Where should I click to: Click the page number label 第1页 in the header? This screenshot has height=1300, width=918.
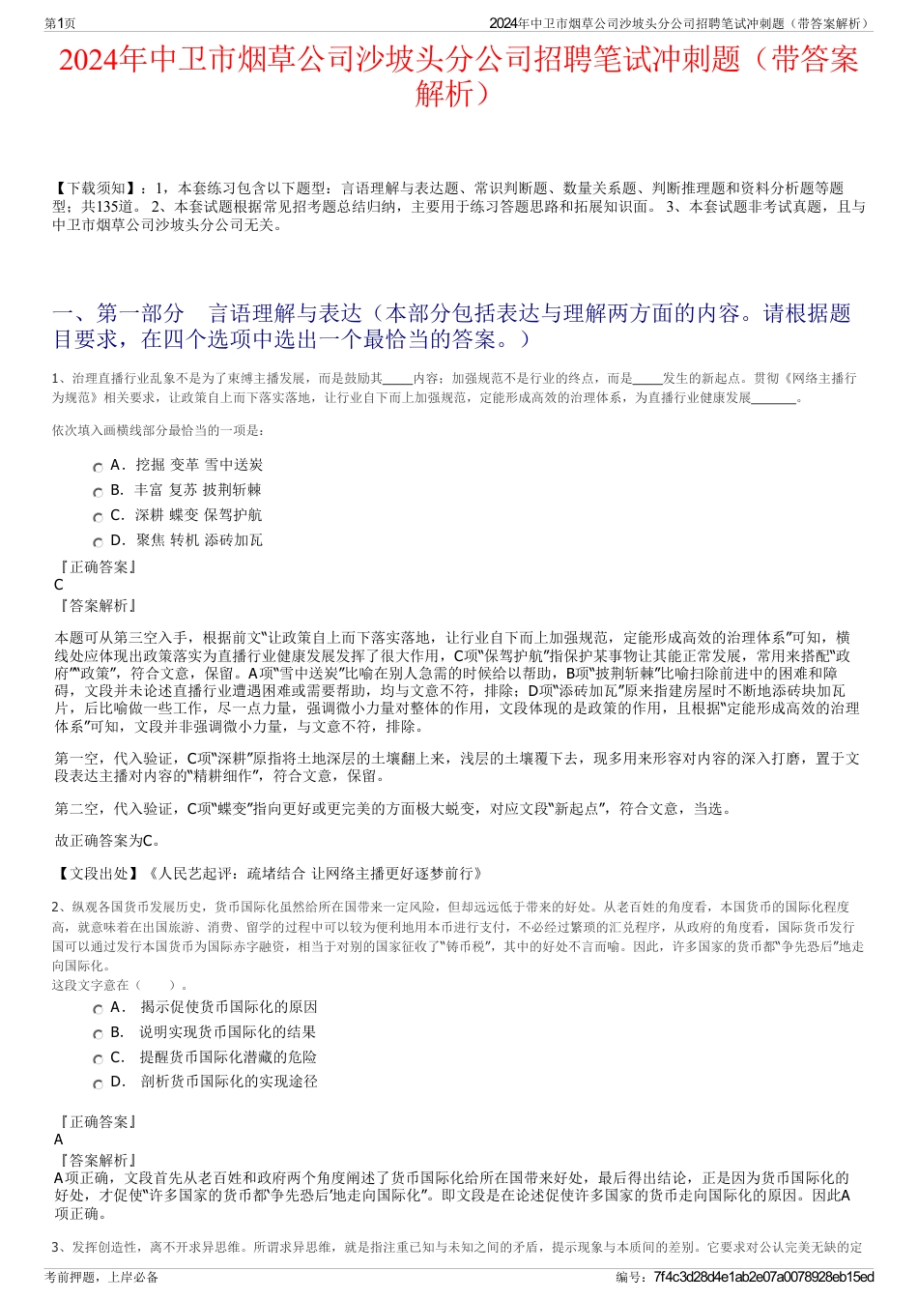click(61, 23)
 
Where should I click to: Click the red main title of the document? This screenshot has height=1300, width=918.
click(458, 76)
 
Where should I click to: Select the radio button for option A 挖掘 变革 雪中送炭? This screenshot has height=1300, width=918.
click(98, 467)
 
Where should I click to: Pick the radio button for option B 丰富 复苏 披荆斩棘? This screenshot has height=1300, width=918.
click(98, 492)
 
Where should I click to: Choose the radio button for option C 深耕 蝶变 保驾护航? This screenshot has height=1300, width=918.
click(98, 517)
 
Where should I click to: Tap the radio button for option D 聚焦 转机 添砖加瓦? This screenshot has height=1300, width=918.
click(98, 542)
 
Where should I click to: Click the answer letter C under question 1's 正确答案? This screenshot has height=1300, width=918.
click(59, 585)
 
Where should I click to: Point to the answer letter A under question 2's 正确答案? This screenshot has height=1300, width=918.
click(59, 1140)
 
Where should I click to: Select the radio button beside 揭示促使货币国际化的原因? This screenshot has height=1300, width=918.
click(98, 1009)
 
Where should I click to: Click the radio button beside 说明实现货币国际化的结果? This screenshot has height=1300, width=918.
click(98, 1034)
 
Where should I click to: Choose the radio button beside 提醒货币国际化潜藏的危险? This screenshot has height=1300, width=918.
click(98, 1059)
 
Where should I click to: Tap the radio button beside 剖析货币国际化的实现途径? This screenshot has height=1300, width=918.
click(98, 1083)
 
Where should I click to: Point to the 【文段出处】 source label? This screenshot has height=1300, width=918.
click(98, 873)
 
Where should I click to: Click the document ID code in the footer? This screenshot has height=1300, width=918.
click(763, 1277)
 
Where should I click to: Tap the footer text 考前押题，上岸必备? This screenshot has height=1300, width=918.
click(101, 1277)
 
